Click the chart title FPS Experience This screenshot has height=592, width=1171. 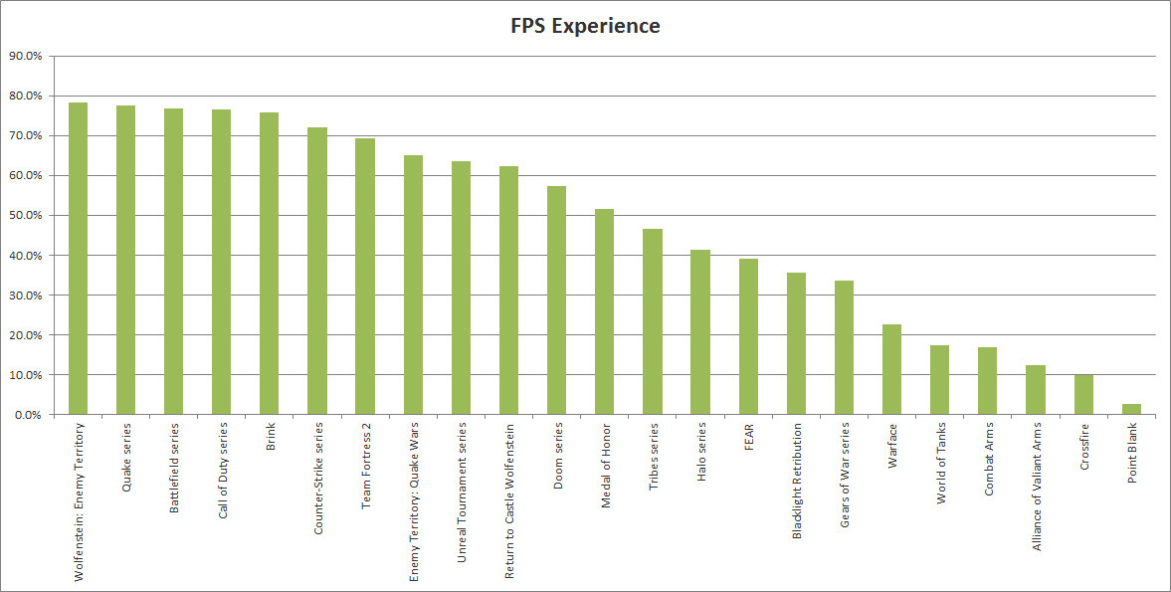click(x=585, y=26)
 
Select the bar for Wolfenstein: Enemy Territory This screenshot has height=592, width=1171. click(x=78, y=259)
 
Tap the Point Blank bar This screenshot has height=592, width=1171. click(x=1131, y=409)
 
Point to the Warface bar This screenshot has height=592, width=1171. click(x=891, y=369)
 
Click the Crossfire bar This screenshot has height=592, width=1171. click(x=1083, y=394)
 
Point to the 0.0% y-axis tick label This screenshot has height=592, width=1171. click(x=28, y=415)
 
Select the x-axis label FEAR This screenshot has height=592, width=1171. click(x=749, y=439)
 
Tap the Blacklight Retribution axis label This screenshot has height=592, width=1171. click(x=797, y=481)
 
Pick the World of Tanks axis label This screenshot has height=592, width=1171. click(x=940, y=465)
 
